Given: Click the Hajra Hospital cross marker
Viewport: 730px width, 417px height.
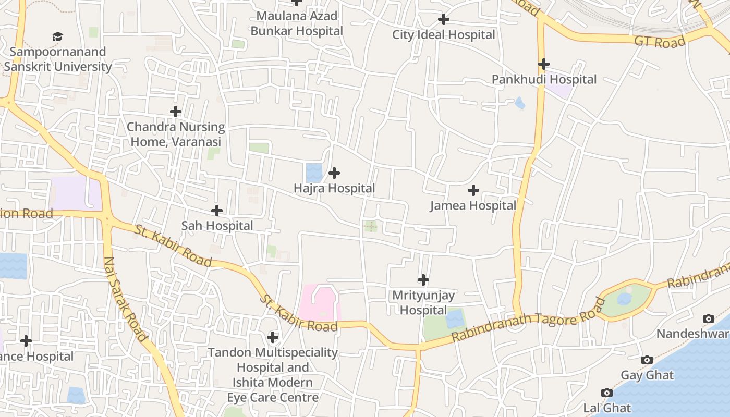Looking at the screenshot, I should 334,173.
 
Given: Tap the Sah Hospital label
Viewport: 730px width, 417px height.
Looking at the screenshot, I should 217,226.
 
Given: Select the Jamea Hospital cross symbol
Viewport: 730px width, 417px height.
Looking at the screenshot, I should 473,190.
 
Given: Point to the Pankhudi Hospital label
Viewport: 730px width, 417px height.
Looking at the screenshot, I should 544,80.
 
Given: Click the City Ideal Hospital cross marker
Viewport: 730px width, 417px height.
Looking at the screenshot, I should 444,20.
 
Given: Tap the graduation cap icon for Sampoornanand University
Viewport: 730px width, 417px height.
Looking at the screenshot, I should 57,36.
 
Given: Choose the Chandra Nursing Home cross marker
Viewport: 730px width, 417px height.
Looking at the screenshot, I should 176,111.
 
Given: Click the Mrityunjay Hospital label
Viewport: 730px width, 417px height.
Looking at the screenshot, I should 423,303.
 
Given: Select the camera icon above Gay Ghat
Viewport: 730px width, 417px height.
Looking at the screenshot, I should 647,360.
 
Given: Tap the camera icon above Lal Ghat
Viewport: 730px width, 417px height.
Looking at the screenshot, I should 606,393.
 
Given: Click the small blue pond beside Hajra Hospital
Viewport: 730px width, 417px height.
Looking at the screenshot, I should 314,173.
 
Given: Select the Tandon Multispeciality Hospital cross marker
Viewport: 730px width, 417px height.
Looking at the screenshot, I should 273,337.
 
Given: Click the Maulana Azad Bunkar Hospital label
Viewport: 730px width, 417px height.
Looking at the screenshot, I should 297,23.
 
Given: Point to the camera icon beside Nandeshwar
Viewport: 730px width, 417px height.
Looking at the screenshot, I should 709,318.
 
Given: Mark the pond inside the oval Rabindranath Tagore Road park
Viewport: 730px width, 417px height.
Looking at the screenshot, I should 624,299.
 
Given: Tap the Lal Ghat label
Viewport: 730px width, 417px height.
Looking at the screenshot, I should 607,408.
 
